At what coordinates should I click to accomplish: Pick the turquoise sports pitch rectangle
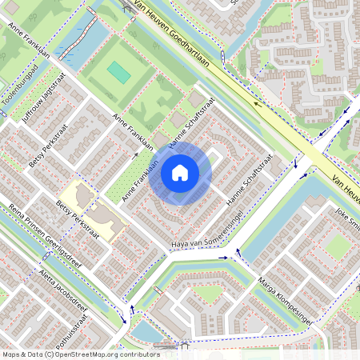click(119, 73)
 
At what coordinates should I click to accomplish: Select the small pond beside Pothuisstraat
click(142, 330)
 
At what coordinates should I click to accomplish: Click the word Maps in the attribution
click(12, 354)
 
